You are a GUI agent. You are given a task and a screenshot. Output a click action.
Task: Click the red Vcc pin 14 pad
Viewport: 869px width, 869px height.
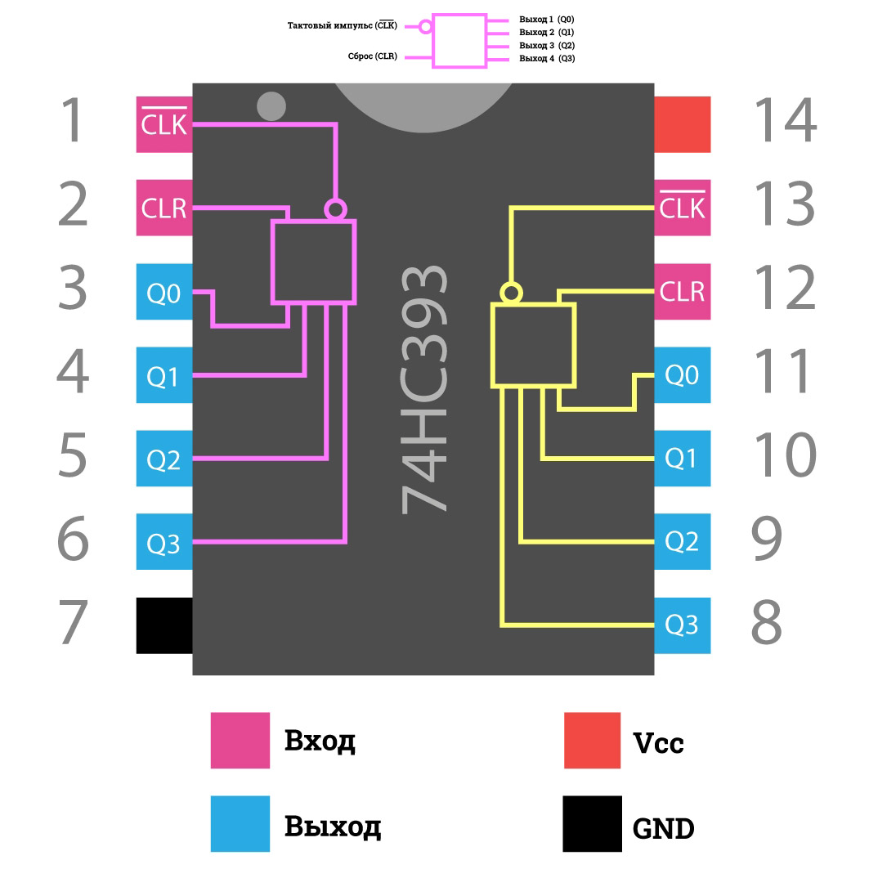pyautogui.click(x=682, y=124)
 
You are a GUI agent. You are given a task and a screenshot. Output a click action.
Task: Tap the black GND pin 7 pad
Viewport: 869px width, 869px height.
pyautogui.click(x=163, y=625)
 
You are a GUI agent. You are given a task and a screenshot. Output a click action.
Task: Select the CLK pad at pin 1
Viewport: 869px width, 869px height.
pyautogui.click(x=163, y=124)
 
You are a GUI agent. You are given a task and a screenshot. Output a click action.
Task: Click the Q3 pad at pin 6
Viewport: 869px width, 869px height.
pyautogui.click(x=163, y=542)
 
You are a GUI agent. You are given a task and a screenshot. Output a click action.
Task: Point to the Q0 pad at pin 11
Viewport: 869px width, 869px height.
pyautogui.click(x=682, y=375)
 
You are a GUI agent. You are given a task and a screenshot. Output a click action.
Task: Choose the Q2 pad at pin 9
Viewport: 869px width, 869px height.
pyautogui.click(x=682, y=541)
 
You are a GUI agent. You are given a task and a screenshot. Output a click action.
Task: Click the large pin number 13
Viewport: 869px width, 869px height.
pyautogui.click(x=784, y=204)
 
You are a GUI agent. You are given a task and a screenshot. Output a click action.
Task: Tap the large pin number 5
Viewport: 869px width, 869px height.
pyautogui.click(x=73, y=455)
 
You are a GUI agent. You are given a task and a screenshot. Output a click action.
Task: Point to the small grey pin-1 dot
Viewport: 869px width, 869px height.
pyautogui.click(x=271, y=106)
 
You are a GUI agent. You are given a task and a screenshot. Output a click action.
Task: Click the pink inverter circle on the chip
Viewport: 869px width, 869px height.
pyautogui.click(x=334, y=209)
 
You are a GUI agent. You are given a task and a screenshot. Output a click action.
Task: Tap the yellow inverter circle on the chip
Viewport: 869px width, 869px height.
pyautogui.click(x=511, y=293)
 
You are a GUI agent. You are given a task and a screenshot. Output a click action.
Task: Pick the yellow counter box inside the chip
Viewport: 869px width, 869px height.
pyautogui.click(x=533, y=344)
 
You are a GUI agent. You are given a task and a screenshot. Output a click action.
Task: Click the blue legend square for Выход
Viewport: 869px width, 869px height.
pyautogui.click(x=240, y=823)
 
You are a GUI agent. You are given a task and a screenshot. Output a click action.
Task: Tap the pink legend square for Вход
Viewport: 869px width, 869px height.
pyautogui.click(x=240, y=741)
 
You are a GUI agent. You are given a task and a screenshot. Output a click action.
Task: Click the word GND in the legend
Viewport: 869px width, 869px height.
pyautogui.click(x=663, y=829)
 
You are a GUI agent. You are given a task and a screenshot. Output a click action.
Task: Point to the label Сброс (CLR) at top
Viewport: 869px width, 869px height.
pyautogui.click(x=373, y=56)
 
